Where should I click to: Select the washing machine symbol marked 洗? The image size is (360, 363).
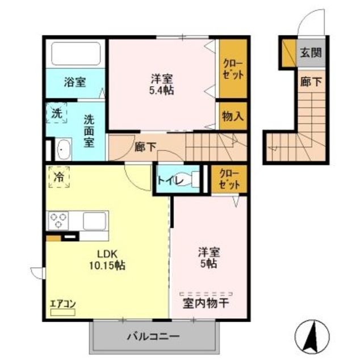pyautogui.click(x=57, y=112)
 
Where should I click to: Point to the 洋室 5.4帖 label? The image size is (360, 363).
pyautogui.click(x=162, y=84)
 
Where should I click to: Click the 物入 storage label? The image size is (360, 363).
pyautogui.click(x=233, y=116)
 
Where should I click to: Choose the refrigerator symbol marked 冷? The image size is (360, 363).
pyautogui.click(x=58, y=176)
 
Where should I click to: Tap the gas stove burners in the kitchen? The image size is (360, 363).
pyautogui.click(x=58, y=220)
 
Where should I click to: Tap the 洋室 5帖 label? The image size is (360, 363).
pyautogui.click(x=209, y=258)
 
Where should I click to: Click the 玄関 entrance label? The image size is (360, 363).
pyautogui.click(x=311, y=53)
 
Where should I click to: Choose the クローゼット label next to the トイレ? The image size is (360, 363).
pyautogui.click(x=229, y=179)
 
